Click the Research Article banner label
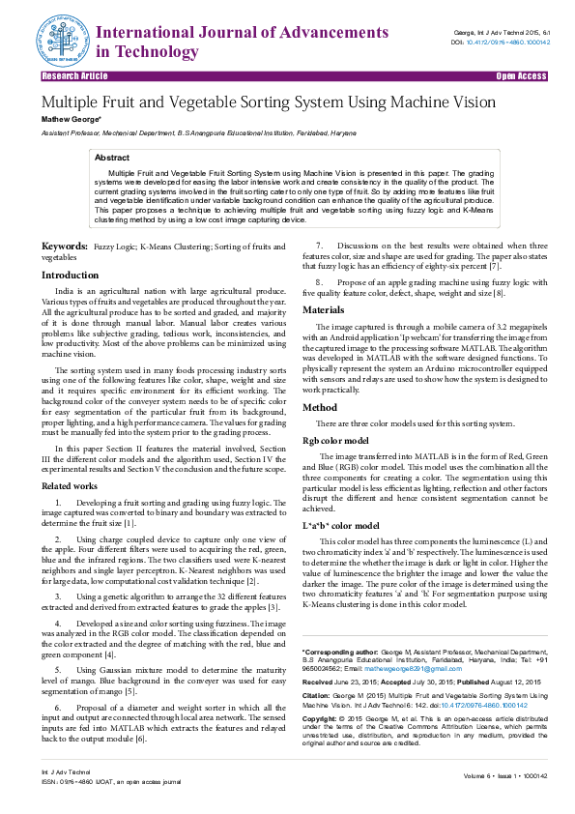pyautogui.click(x=74, y=74)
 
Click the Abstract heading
pyautogui.click(x=112, y=157)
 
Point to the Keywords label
pyautogui.click(x=65, y=248)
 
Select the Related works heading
pyautogui.click(x=70, y=485)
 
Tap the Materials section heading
pyautogui.click(x=325, y=309)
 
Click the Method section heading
pyautogui.click(x=320, y=408)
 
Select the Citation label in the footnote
pyautogui.click(x=319, y=694)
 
